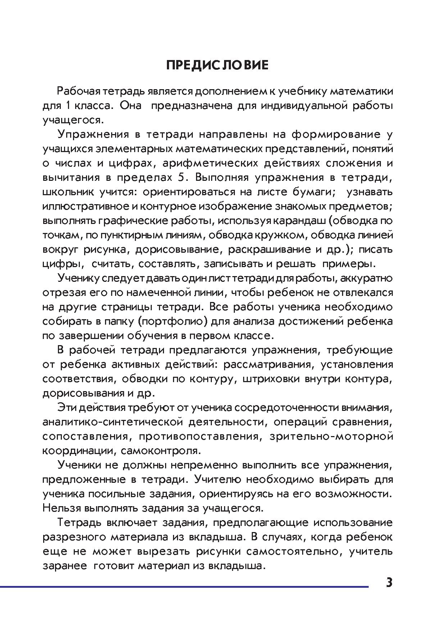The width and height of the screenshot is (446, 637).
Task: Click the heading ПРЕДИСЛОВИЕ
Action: point(218,65)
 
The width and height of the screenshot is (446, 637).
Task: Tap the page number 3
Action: point(389,582)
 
